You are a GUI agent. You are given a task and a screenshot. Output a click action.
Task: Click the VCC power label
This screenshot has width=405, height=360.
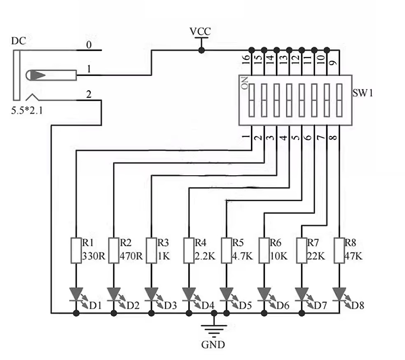[200, 31]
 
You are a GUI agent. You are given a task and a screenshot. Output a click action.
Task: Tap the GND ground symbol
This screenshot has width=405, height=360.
[213, 328]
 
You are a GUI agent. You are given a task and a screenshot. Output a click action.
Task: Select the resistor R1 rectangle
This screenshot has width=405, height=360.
[76, 250]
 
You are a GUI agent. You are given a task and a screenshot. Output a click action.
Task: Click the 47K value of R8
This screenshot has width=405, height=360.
[353, 256]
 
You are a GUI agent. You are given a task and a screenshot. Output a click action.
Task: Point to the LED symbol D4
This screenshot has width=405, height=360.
[189, 294]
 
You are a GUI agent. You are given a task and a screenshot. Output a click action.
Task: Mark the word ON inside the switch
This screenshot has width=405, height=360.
[245, 83]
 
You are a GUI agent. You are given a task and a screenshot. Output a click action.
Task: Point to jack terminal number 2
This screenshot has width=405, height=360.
[89, 94]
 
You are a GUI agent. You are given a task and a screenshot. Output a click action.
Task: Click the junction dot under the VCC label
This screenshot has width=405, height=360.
[201, 50]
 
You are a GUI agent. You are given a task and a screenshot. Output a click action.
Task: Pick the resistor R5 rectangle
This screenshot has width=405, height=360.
[226, 250]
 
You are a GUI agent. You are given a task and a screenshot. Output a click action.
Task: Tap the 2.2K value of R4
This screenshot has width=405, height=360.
[205, 256]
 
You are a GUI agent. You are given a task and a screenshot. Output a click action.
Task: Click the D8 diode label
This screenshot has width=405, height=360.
[358, 306]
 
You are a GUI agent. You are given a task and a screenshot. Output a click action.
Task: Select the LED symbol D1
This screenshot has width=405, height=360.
[76, 294]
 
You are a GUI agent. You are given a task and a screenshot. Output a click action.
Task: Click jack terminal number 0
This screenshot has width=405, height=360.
[89, 44]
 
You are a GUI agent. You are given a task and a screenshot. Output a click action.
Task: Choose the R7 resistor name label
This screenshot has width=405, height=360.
[313, 242]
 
